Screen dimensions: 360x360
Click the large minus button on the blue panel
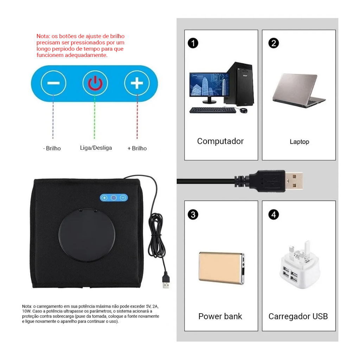53,83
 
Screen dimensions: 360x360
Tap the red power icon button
95,83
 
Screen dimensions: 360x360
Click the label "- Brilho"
52,148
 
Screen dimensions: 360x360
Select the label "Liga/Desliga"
96,148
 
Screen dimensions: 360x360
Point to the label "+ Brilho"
137,148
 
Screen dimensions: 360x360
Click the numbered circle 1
193,43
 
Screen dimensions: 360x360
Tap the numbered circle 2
274,43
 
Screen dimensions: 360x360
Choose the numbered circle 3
193,215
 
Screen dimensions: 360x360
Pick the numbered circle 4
274,215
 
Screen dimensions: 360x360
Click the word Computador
220,141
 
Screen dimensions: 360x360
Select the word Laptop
300,142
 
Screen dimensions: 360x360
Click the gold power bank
221,268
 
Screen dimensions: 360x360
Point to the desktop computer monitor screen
210,84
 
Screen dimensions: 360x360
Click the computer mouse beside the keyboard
244,110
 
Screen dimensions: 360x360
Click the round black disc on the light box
87,235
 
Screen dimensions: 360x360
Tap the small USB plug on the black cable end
166,280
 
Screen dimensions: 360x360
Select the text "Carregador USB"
298,316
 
